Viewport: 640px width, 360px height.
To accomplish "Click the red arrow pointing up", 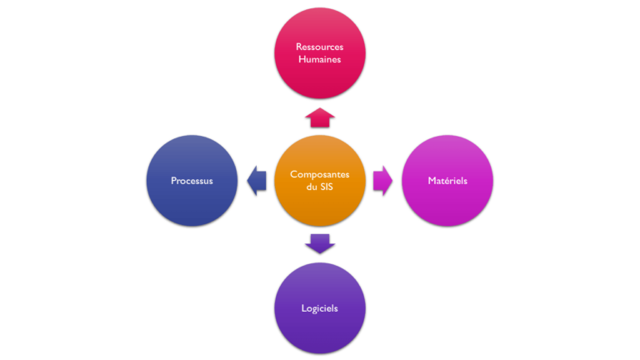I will (x=320, y=117).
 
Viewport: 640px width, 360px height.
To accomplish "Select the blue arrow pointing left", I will (x=255, y=180).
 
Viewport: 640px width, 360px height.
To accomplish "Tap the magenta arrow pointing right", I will (x=383, y=180).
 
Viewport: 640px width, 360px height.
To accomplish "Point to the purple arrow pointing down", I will (x=320, y=243).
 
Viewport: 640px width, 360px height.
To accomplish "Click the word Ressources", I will (x=320, y=47).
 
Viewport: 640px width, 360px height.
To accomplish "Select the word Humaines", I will (x=320, y=60).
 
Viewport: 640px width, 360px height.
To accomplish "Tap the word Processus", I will (x=192, y=180).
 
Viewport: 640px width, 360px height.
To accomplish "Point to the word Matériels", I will (x=447, y=180).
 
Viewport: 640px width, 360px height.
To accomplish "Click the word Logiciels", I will (x=320, y=308).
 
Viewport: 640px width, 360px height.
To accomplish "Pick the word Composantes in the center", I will (x=320, y=174).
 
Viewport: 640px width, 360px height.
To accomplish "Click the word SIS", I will (x=327, y=187).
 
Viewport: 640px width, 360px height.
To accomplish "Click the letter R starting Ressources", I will (x=298, y=47).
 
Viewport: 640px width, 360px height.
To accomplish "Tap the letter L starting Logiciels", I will (x=303, y=308).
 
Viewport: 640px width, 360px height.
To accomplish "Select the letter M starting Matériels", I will (x=430, y=180).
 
